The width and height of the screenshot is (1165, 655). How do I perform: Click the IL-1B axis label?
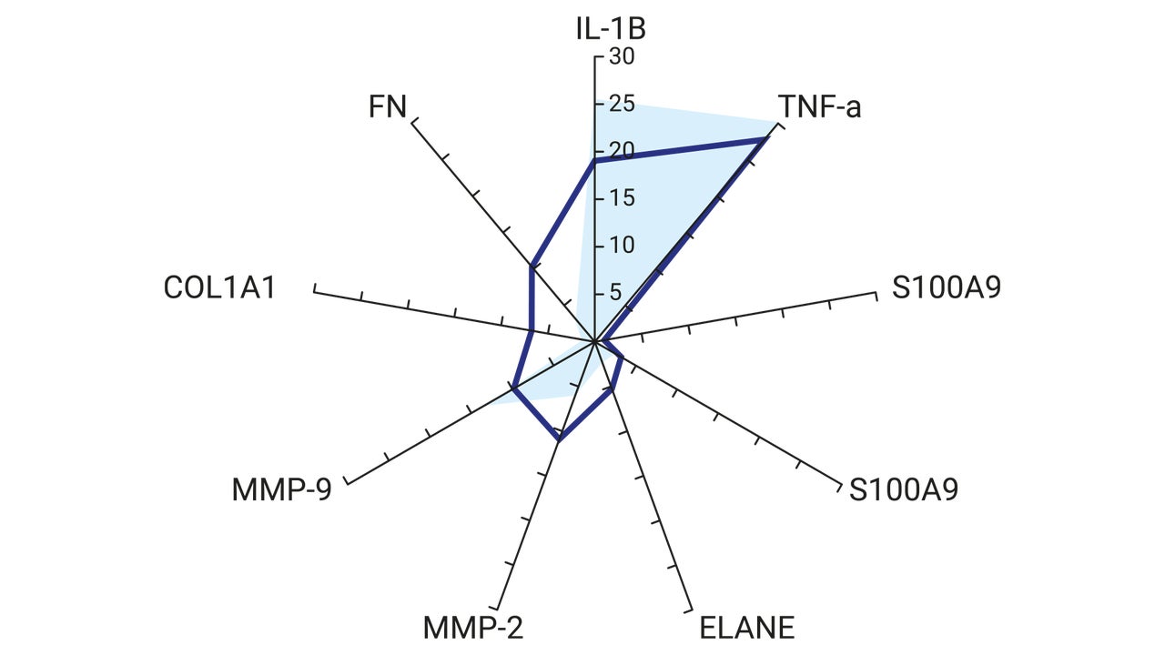click(x=611, y=28)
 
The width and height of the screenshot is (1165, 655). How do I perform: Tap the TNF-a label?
click(x=820, y=106)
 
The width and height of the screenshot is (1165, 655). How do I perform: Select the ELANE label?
click(x=747, y=628)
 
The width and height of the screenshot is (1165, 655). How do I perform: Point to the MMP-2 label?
click(x=472, y=628)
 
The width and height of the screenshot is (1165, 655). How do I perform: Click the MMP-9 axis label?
click(x=281, y=489)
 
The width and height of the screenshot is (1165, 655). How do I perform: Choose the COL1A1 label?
click(x=219, y=287)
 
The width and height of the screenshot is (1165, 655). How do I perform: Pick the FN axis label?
click(x=387, y=106)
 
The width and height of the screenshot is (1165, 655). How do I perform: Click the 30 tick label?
click(x=622, y=56)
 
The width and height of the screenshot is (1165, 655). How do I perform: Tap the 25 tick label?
click(x=622, y=104)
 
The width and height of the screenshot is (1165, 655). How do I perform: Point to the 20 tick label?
click(x=622, y=151)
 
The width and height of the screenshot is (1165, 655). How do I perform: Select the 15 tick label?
click(x=622, y=198)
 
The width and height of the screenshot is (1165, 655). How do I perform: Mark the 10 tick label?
click(x=622, y=246)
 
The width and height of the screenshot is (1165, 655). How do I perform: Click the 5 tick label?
click(x=615, y=293)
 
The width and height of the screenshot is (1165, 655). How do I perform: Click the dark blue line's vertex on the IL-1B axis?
click(x=594, y=162)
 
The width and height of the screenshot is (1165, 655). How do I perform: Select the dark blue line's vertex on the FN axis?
click(x=531, y=267)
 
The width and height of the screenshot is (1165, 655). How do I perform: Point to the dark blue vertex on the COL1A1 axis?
click(x=532, y=330)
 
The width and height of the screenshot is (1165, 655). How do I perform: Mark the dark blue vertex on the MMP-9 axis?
click(x=513, y=388)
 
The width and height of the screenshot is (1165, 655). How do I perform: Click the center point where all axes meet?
click(x=594, y=341)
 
